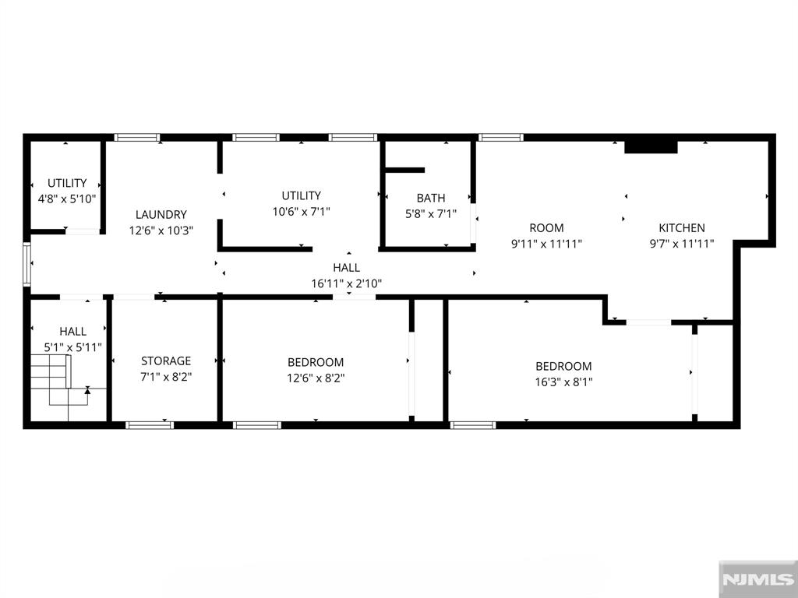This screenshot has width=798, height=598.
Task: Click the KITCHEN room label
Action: click(x=681, y=228)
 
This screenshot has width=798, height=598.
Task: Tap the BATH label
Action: click(x=430, y=198)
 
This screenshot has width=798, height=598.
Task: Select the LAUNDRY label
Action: click(x=161, y=215)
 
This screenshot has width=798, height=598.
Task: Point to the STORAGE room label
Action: click(x=166, y=361)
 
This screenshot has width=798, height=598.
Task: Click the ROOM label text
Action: click(x=546, y=228)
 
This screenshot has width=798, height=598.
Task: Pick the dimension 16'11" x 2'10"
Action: click(x=347, y=283)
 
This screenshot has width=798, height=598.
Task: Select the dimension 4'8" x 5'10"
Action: click(x=67, y=199)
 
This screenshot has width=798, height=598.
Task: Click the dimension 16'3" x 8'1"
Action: click(x=563, y=382)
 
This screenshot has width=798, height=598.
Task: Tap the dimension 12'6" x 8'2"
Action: click(x=316, y=378)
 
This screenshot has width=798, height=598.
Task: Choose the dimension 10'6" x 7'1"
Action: click(x=302, y=212)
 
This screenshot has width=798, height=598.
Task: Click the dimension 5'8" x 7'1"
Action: click(x=430, y=214)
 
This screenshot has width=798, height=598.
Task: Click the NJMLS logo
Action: click(x=757, y=579)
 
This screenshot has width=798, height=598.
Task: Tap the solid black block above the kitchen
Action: click(x=651, y=147)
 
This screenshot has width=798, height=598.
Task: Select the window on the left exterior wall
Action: click(x=27, y=264)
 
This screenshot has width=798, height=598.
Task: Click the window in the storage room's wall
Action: click(x=150, y=425)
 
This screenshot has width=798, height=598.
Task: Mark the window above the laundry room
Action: click(x=137, y=137)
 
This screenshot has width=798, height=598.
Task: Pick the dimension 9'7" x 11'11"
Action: click(x=681, y=244)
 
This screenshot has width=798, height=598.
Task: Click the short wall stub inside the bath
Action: click(x=404, y=170)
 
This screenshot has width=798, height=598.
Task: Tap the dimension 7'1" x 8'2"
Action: click(x=166, y=378)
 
